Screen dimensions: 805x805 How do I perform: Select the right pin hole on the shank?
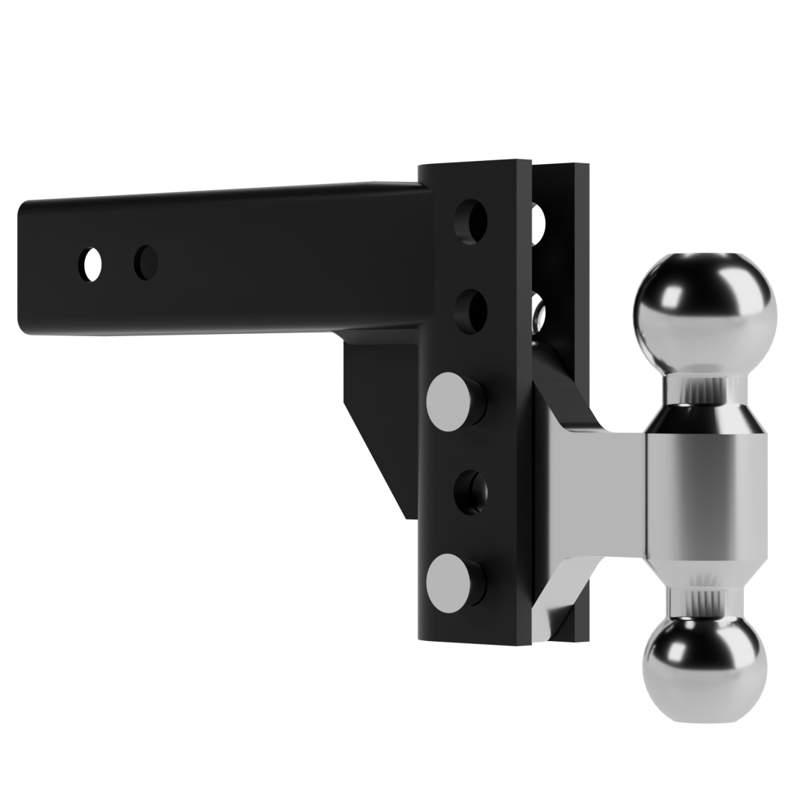[x=145, y=260]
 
